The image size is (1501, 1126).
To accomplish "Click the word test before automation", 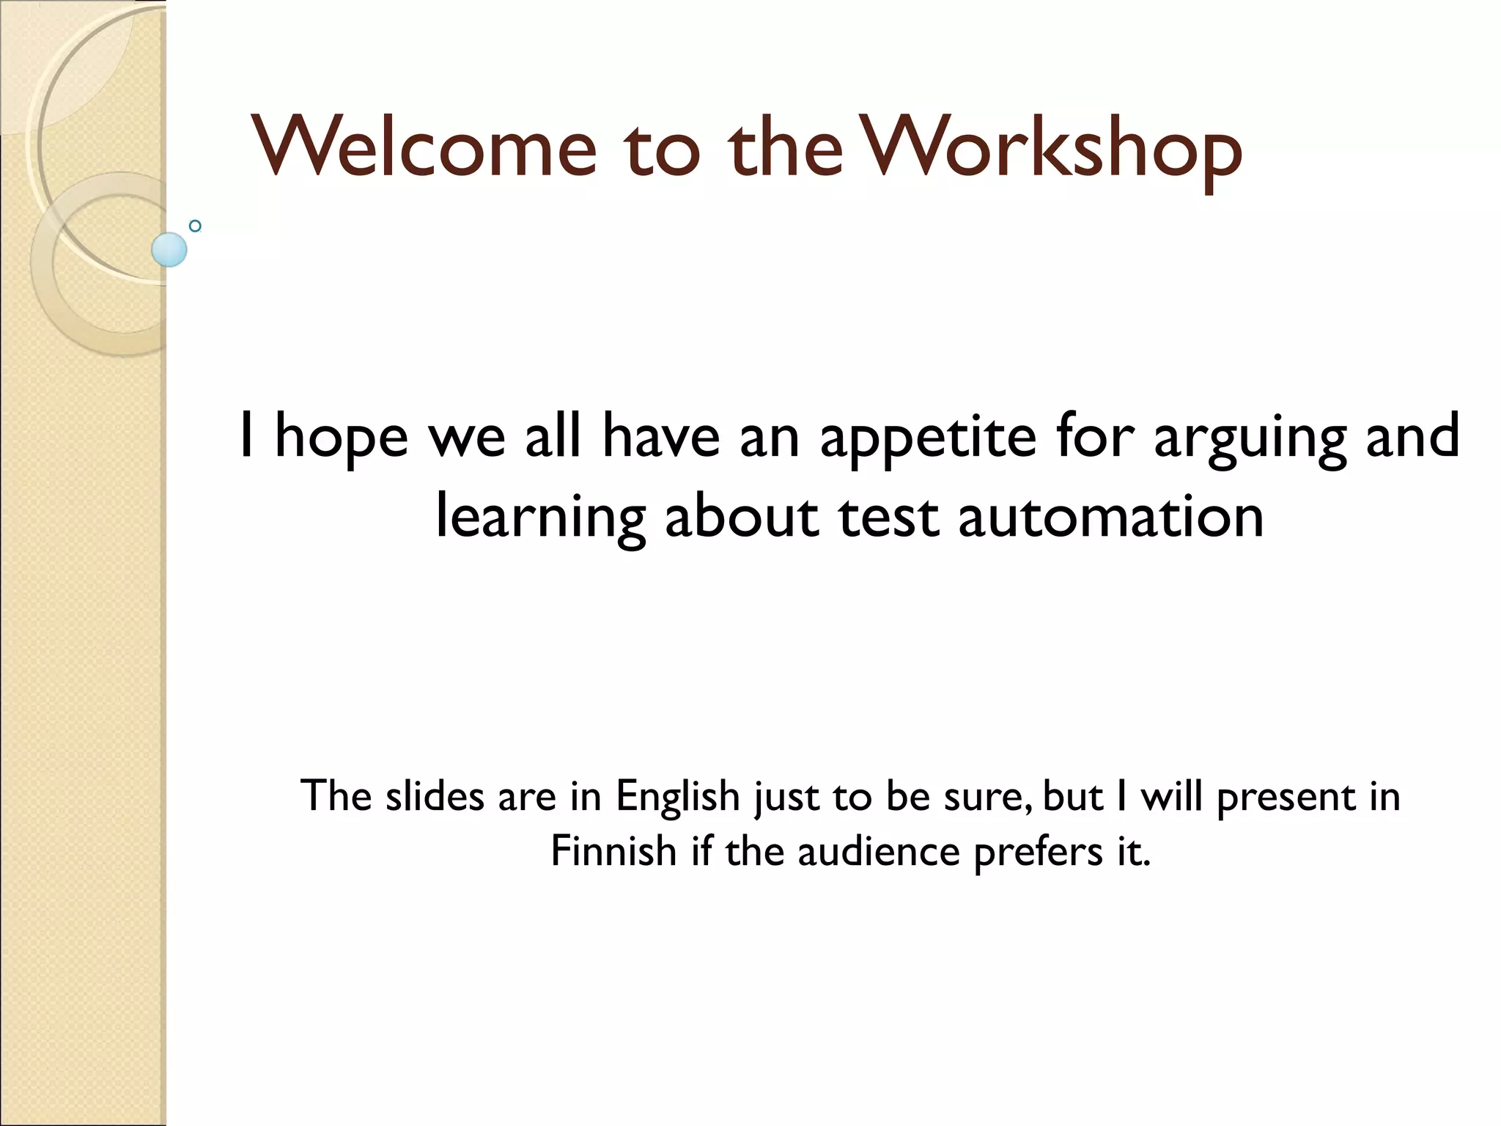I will [x=888, y=518].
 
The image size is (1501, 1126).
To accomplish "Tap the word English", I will [x=677, y=798].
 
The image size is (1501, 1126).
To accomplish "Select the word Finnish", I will [x=613, y=852].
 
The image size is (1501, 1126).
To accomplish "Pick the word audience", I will [x=879, y=852].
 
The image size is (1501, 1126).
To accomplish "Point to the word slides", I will [x=435, y=796].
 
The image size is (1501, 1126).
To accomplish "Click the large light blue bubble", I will [x=169, y=249].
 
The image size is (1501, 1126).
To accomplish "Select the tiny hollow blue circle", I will [x=195, y=226].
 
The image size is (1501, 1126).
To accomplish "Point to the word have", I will [x=661, y=437].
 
